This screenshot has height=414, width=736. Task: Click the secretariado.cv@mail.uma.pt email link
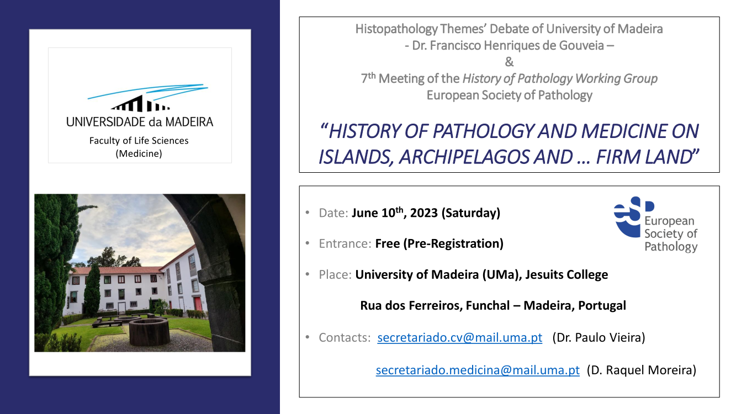[x=460, y=337]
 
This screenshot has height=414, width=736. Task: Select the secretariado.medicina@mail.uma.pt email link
[x=478, y=370]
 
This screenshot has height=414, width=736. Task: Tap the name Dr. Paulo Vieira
[x=599, y=337]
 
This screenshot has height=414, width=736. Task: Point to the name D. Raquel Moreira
[x=642, y=370]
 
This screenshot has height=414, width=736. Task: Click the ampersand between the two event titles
[x=509, y=62]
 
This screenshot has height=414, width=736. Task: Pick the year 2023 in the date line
[x=424, y=213]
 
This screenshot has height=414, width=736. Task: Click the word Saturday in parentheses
[x=471, y=213]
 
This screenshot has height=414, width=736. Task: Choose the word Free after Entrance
[x=388, y=243]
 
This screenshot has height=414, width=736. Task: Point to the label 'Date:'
[x=333, y=213]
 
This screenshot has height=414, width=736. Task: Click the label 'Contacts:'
[x=345, y=337]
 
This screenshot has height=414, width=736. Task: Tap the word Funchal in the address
[x=488, y=306]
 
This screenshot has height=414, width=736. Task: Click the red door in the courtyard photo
[x=198, y=304]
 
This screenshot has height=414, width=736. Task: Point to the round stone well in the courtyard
[x=150, y=331]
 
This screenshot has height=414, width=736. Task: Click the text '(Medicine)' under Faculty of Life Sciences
[x=139, y=153]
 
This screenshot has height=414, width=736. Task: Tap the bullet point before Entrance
[x=308, y=243]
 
